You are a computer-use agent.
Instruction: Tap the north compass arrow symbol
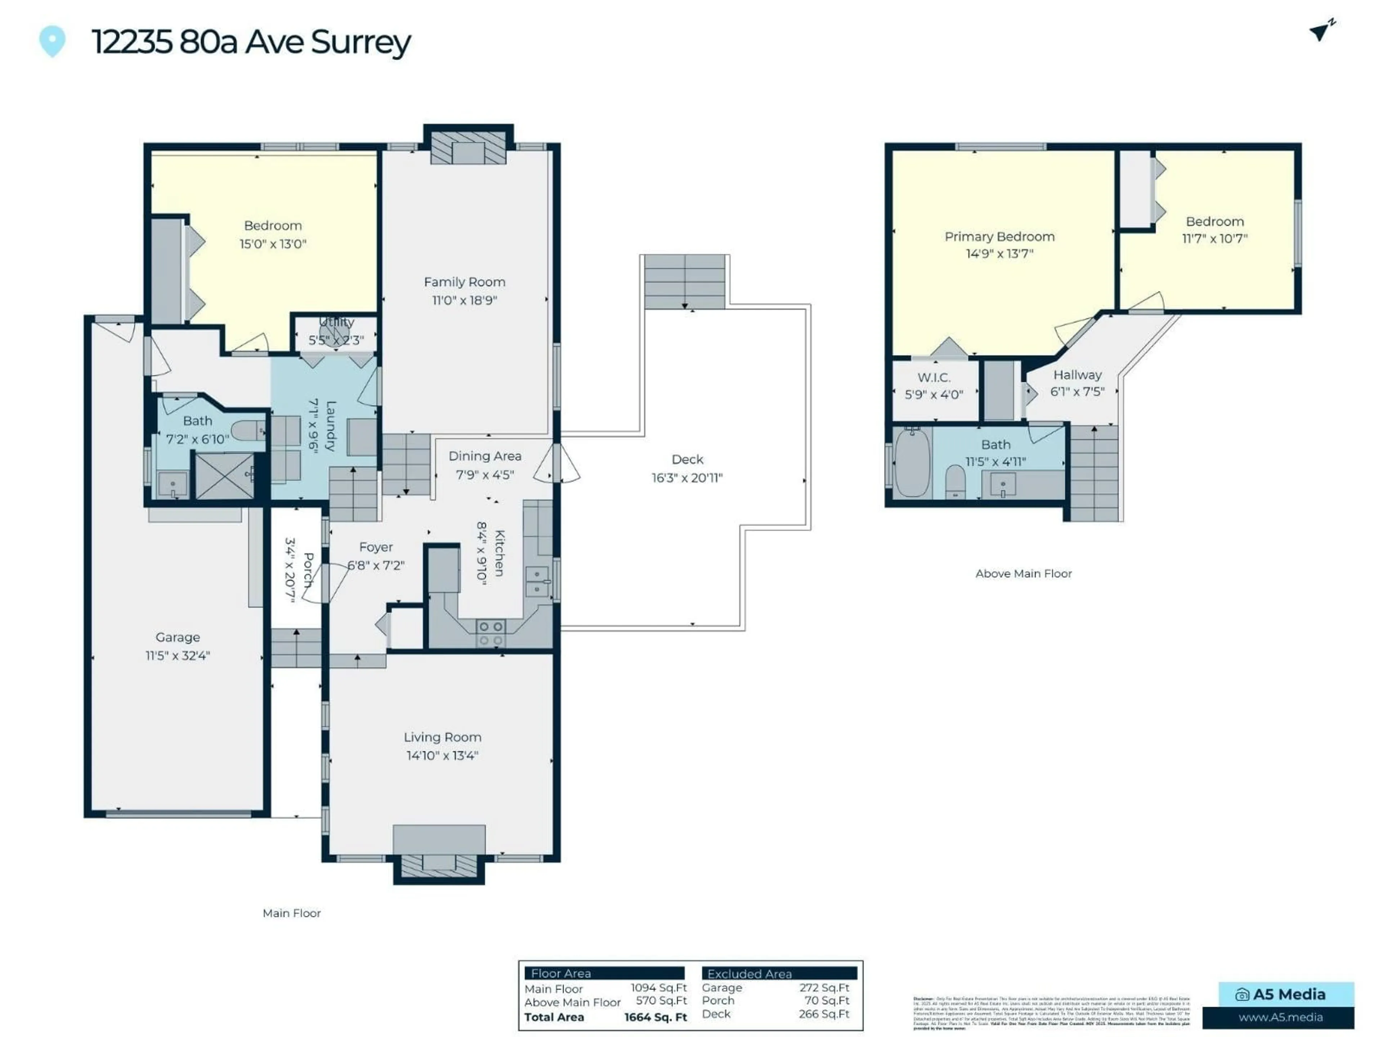coord(1321,30)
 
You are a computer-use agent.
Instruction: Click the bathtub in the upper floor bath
coord(912,463)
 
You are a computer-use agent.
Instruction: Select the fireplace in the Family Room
coord(468,151)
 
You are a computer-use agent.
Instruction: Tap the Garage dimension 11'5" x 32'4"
coord(178,655)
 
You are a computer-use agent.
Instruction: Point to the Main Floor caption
coord(291,913)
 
